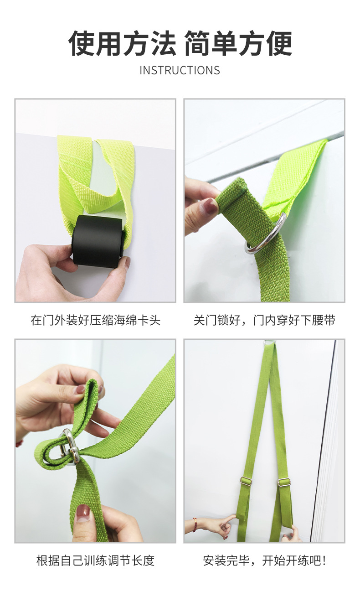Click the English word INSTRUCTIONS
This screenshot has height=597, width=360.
180,70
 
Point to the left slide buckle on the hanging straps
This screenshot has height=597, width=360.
247,479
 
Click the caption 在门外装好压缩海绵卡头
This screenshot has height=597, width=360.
95,320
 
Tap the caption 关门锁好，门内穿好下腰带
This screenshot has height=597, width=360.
264,320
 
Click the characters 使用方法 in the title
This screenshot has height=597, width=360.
122,43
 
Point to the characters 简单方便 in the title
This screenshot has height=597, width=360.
238,43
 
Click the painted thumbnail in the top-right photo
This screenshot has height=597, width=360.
210,206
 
